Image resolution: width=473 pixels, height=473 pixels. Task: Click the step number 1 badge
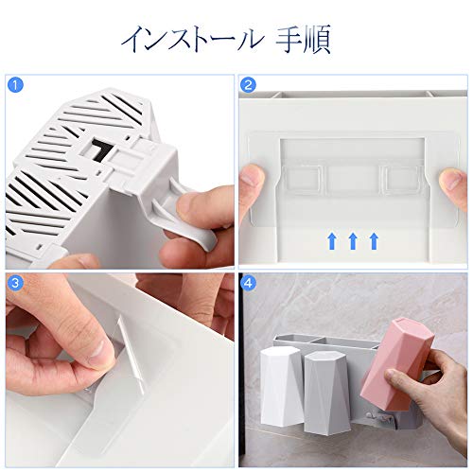pyautogui.click(x=15, y=84)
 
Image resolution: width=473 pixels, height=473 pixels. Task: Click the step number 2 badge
pyautogui.click(x=248, y=84)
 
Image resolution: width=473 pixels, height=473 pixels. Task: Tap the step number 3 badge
pyautogui.click(x=15, y=283)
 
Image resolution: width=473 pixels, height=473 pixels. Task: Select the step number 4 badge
pyautogui.click(x=248, y=283)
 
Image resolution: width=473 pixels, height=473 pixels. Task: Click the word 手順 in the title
pyautogui.click(x=304, y=40)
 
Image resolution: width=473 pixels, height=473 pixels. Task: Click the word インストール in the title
pyautogui.click(x=192, y=40)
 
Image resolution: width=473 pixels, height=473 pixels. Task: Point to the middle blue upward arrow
pyautogui.click(x=353, y=241)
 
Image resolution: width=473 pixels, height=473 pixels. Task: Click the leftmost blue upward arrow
pyautogui.click(x=332, y=241)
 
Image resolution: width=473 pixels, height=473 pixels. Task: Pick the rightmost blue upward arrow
pyautogui.click(x=374, y=241)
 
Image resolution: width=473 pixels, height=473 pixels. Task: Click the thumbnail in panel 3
pyautogui.click(x=98, y=349)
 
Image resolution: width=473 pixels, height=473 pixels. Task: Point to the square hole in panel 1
pyautogui.click(x=100, y=149)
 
